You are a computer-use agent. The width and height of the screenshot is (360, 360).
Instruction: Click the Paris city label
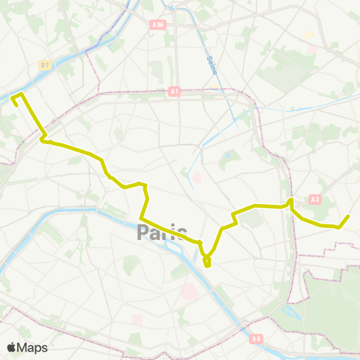(163, 233)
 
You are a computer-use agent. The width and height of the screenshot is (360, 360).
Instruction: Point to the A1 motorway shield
(174, 91)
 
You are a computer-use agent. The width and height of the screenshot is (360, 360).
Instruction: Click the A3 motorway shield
(314, 199)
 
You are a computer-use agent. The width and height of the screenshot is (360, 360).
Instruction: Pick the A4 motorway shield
(255, 338)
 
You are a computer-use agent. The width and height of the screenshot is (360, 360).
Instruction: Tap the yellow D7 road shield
(44, 65)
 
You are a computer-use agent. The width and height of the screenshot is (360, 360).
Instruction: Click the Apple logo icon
(12, 347)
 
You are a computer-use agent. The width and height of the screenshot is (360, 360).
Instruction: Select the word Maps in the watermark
(33, 347)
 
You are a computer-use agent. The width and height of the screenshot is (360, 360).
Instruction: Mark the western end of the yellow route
(16, 104)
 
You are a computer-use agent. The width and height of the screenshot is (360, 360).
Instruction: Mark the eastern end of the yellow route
(349, 216)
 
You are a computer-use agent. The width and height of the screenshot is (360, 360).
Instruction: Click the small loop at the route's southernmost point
(207, 262)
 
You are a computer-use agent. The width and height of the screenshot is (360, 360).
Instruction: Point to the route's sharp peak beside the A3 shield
(290, 199)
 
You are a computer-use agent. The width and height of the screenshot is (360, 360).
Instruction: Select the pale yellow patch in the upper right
(307, 35)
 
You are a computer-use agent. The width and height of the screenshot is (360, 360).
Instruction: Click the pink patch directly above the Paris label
(197, 178)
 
